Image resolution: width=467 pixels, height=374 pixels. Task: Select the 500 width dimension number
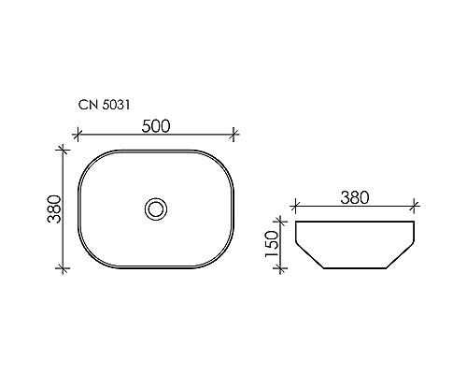156,127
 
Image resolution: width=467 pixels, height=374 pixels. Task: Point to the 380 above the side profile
355,197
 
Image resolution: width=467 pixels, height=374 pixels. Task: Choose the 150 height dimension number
273,245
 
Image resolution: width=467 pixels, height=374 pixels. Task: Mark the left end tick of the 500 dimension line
79,137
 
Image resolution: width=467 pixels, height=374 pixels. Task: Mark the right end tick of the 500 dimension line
232,137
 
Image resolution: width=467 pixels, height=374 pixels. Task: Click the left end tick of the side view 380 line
296,207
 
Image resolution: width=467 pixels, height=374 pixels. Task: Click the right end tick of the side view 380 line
413,207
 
